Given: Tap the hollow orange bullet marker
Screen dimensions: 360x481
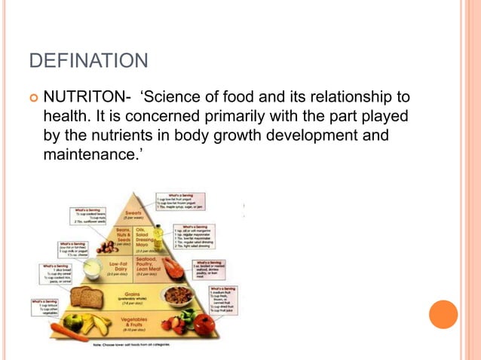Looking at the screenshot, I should pos(32,99).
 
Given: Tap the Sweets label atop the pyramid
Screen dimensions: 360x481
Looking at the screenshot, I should pos(133,215).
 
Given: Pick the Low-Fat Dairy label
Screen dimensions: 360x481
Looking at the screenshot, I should pos(118,266).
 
